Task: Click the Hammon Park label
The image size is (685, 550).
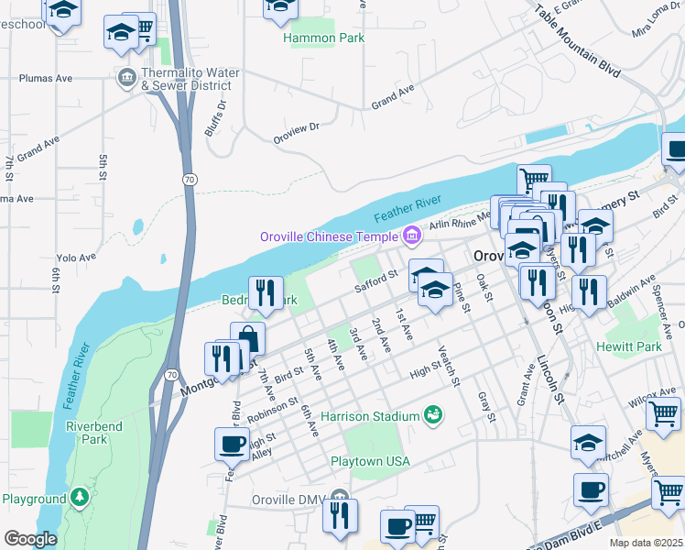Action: point(323,38)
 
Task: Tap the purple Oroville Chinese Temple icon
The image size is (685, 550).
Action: point(411,236)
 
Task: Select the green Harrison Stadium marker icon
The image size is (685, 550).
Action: point(433,416)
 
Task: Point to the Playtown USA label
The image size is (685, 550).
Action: point(370,461)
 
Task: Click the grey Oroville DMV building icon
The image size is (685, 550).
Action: point(340,500)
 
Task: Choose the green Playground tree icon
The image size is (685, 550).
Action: point(81,498)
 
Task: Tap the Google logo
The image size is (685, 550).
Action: point(30,539)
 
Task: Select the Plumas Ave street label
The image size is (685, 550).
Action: point(51,79)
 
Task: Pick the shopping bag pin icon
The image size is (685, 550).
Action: point(247,338)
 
